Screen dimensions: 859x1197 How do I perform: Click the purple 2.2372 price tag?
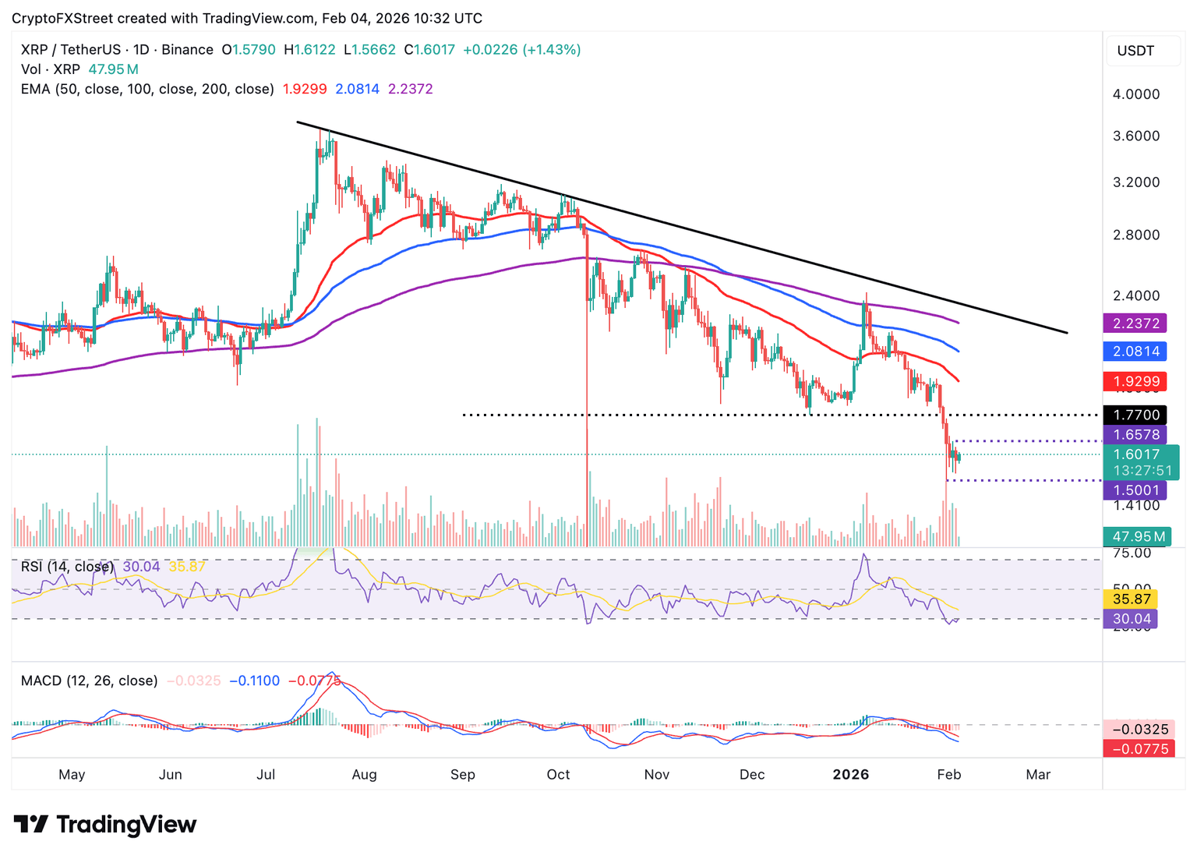tap(1135, 323)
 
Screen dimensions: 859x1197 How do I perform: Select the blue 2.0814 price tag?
tap(1135, 352)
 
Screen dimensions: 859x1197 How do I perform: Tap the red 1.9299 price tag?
tap(1135, 382)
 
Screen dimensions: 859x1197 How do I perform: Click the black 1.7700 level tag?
tap(1135, 415)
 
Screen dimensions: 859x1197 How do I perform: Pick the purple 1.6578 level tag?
tap(1135, 435)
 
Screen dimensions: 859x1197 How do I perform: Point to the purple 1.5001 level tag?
tap(1135, 490)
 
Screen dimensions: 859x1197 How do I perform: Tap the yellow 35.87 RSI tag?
tap(1132, 599)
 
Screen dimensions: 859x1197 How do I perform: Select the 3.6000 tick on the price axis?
tap(1136, 136)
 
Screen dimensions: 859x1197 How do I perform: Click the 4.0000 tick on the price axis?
tap(1136, 94)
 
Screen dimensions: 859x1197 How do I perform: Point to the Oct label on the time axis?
tap(558, 775)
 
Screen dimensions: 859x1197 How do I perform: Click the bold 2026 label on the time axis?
tap(850, 775)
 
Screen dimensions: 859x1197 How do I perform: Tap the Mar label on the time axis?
tap(1038, 775)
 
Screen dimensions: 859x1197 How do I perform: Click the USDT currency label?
tap(1135, 51)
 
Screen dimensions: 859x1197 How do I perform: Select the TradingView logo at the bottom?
tap(105, 824)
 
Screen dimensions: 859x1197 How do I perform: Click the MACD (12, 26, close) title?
tap(89, 680)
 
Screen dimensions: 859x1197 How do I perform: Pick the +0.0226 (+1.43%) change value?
tap(521, 50)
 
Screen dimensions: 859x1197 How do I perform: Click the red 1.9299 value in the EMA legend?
tap(304, 89)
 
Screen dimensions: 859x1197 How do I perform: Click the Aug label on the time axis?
tap(364, 775)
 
